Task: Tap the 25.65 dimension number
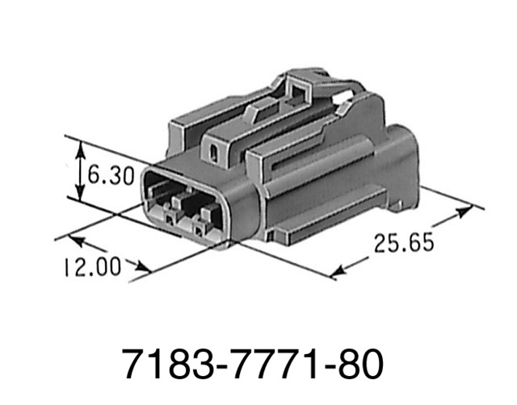[404, 241]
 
